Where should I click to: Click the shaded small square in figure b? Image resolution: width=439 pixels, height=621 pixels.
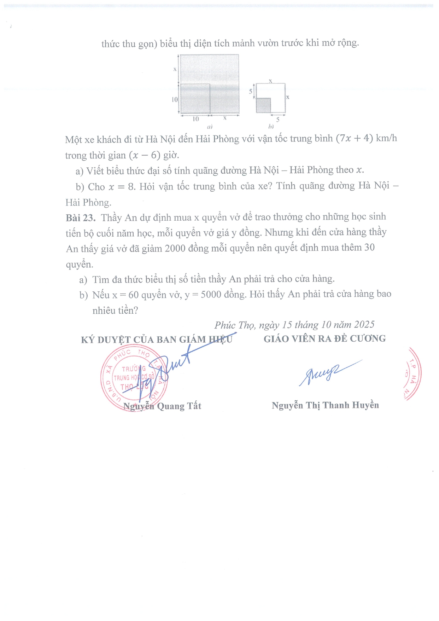263,105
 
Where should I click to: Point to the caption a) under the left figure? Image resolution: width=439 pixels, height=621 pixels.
210,126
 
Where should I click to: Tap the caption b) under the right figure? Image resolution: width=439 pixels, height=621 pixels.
271,126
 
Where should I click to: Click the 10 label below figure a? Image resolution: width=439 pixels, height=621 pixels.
196,119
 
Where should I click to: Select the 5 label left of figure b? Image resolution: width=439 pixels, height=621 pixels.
251,91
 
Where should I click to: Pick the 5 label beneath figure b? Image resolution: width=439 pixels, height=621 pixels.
278,120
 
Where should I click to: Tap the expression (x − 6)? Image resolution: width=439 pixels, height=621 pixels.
145,155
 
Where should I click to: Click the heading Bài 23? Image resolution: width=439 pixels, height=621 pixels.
81,217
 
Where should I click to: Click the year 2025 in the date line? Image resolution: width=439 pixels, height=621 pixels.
364,325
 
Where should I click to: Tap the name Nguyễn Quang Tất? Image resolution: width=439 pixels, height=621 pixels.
162,406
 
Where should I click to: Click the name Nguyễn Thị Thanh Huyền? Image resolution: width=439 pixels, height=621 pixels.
325,405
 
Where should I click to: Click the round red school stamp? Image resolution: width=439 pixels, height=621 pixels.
134,378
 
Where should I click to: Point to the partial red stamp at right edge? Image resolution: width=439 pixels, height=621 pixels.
412,374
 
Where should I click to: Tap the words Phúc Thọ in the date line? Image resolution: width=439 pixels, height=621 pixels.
234,325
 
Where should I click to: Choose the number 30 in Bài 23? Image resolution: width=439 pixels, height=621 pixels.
369,248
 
